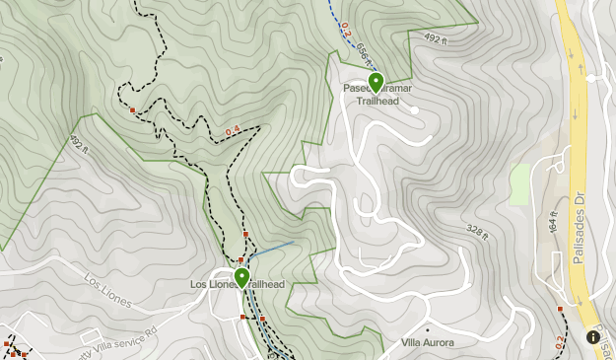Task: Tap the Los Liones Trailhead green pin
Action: coord(241,276)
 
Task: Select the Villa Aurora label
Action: coord(428,343)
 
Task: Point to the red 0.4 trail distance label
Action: coord(234,130)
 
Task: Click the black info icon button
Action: coord(594,336)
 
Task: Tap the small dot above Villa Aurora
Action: coord(427,329)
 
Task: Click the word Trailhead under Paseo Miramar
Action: coord(380,101)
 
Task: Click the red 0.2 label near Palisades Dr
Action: coord(559,341)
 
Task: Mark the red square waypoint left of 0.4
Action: coord(133,109)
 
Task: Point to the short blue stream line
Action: coord(274,248)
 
